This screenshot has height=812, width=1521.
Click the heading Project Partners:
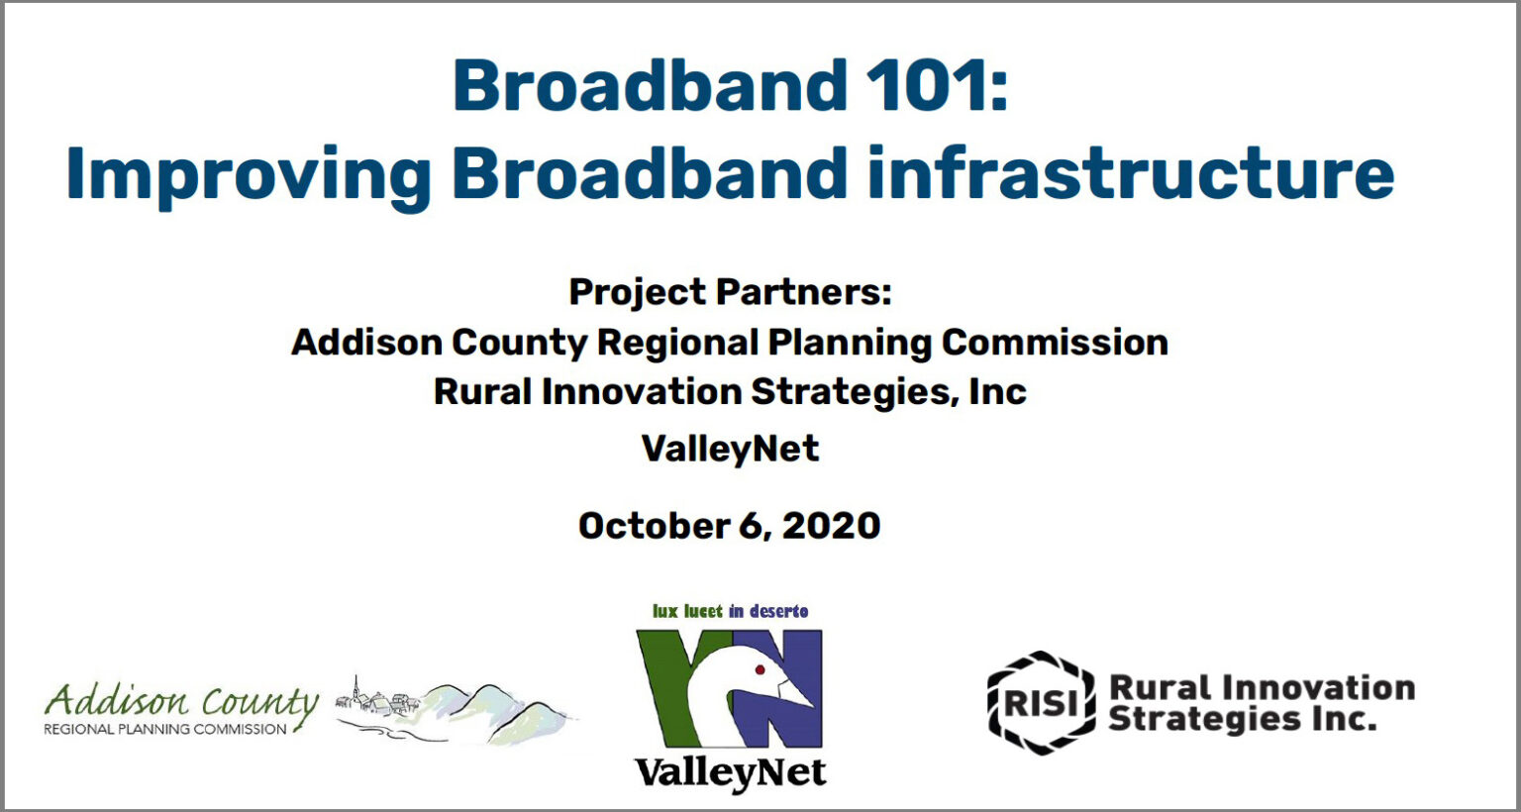(730, 292)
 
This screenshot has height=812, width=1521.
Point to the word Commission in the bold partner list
(1055, 342)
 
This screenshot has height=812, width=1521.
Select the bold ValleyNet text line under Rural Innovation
(731, 449)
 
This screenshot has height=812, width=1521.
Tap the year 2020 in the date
(831, 526)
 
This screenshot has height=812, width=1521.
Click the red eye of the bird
(760, 670)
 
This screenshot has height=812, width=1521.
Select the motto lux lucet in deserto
(730, 611)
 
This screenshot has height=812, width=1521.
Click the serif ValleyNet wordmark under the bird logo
(730, 772)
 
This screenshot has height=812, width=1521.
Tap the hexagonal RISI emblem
(1041, 703)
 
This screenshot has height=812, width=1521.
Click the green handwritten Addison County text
(180, 702)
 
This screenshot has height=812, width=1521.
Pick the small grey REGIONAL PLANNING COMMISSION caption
(165, 730)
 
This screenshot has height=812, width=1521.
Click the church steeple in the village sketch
(355, 690)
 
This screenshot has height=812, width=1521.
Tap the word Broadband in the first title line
(650, 85)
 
